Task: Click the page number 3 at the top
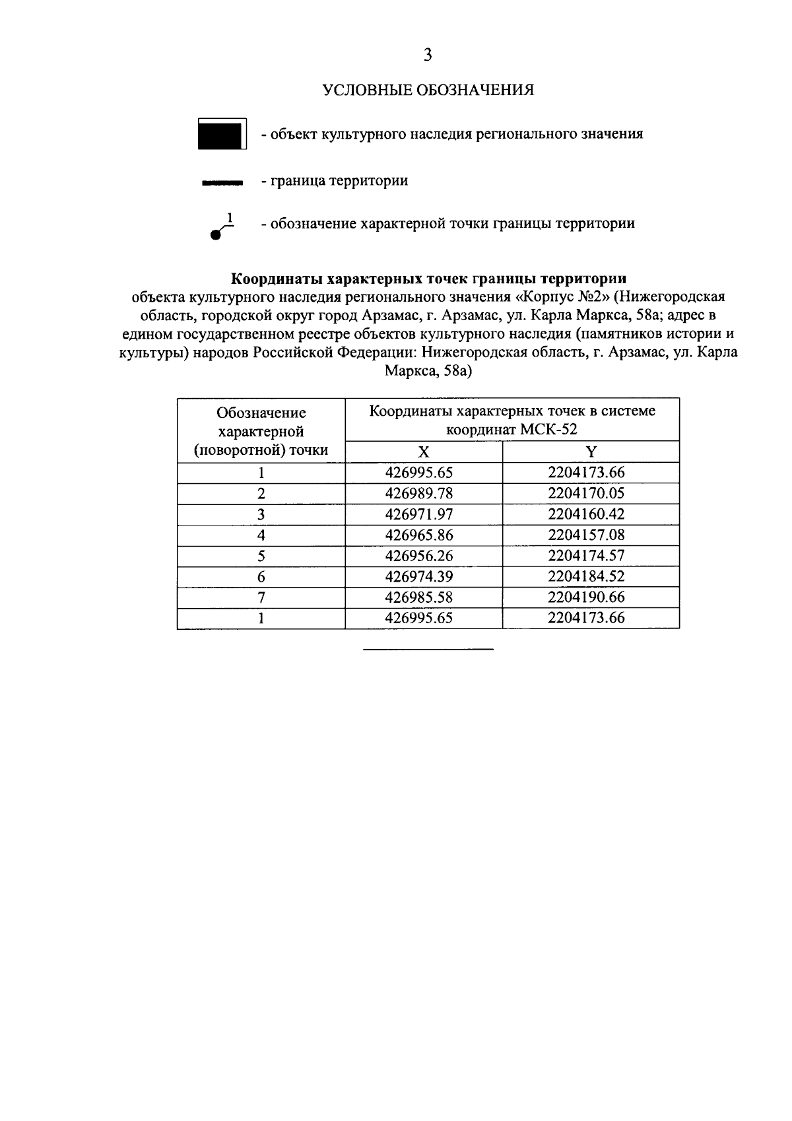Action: [x=428, y=55]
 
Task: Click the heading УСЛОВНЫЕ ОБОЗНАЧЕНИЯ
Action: [x=428, y=90]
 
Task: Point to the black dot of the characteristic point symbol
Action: [x=214, y=234]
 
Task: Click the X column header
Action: [x=423, y=452]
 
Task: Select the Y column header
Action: [x=591, y=452]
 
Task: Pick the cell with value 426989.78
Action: [x=423, y=494]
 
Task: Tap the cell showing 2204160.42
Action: [x=586, y=514]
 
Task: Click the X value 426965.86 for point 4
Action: [x=423, y=535]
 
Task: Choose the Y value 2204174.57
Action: [x=586, y=556]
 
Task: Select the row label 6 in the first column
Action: [x=261, y=577]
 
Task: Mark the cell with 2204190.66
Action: [x=586, y=597]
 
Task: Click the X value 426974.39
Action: [x=423, y=577]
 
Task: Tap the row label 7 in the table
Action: [x=261, y=597]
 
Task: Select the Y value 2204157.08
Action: [x=586, y=535]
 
